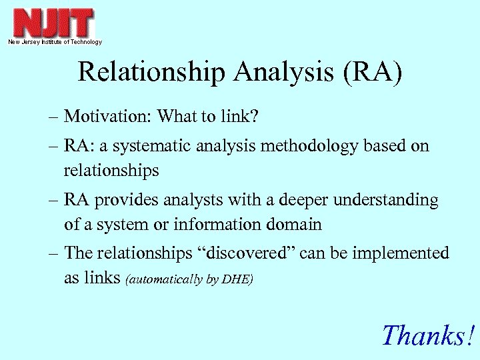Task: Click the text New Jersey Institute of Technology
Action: (55, 42)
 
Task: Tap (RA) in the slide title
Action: (373, 73)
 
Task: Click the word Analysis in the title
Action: (285, 73)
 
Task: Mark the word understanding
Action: (388, 200)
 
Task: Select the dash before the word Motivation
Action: (54, 117)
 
